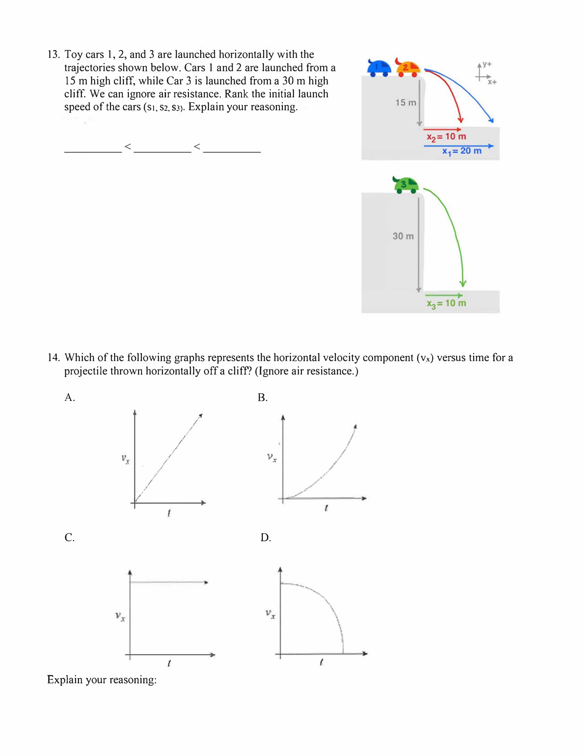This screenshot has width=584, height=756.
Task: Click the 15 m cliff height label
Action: [405, 102]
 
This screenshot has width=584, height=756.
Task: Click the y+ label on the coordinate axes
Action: [487, 64]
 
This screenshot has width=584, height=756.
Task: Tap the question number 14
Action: [53, 358]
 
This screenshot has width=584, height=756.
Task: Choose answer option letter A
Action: [69, 397]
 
